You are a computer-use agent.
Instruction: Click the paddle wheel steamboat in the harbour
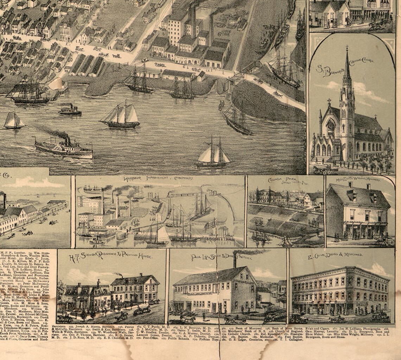pos(63,148)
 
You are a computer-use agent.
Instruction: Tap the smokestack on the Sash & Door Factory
pos(235,260)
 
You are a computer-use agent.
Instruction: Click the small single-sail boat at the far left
pos(14,120)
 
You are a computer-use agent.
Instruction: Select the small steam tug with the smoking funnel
pos(70,110)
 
